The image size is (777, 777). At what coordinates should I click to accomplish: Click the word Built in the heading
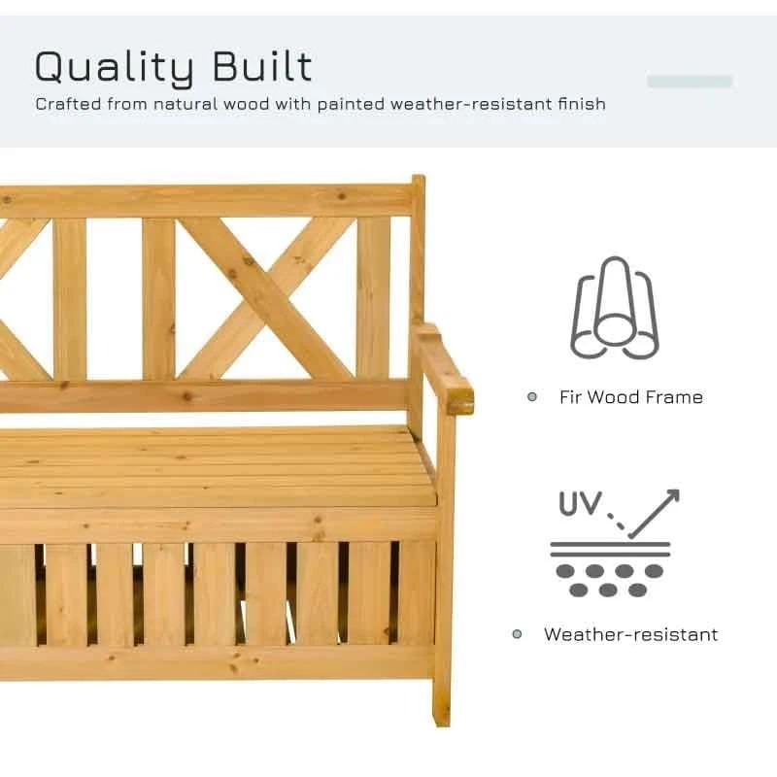pos(263,66)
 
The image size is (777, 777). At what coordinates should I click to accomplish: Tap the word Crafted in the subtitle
pos(70,103)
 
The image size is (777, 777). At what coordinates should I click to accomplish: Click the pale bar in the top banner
pos(690,82)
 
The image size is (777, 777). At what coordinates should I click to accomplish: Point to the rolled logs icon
pos(615,308)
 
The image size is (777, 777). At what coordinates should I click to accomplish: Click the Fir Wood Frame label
pos(630,397)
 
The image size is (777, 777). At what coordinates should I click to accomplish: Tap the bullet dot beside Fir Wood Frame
pos(531,396)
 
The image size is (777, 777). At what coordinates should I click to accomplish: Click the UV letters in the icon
pos(580,504)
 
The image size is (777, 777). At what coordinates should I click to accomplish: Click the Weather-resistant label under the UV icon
pos(630,634)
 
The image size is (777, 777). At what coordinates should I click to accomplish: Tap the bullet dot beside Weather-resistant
pos(518,634)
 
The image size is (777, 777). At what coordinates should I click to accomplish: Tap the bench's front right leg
pos(443,583)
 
